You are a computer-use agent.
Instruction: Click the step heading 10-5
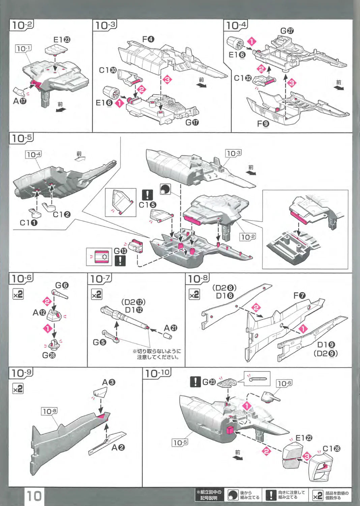coord(22,138)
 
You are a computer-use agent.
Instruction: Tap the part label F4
coord(148,39)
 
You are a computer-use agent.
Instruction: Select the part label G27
coord(287,31)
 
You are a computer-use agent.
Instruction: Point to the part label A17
coord(20,101)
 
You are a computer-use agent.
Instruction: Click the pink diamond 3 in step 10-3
coord(167,80)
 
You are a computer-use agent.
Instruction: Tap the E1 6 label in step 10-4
coord(237,55)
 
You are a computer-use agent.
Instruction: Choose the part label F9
coord(263,124)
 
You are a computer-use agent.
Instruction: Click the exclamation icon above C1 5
coord(147,195)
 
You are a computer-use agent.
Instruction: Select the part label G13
coord(120,251)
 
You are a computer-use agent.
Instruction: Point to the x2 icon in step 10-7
coord(96,294)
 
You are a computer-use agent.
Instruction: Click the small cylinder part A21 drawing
coord(168,336)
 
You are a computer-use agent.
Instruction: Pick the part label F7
coord(299,296)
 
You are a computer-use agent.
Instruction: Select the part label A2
coord(118,447)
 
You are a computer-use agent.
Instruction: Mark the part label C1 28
coord(331,449)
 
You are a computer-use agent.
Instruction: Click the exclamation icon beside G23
coord(195,382)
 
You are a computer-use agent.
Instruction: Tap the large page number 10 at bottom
coord(34,496)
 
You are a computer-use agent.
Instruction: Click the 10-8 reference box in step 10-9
coord(49,411)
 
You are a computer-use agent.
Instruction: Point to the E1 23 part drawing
coord(56,50)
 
